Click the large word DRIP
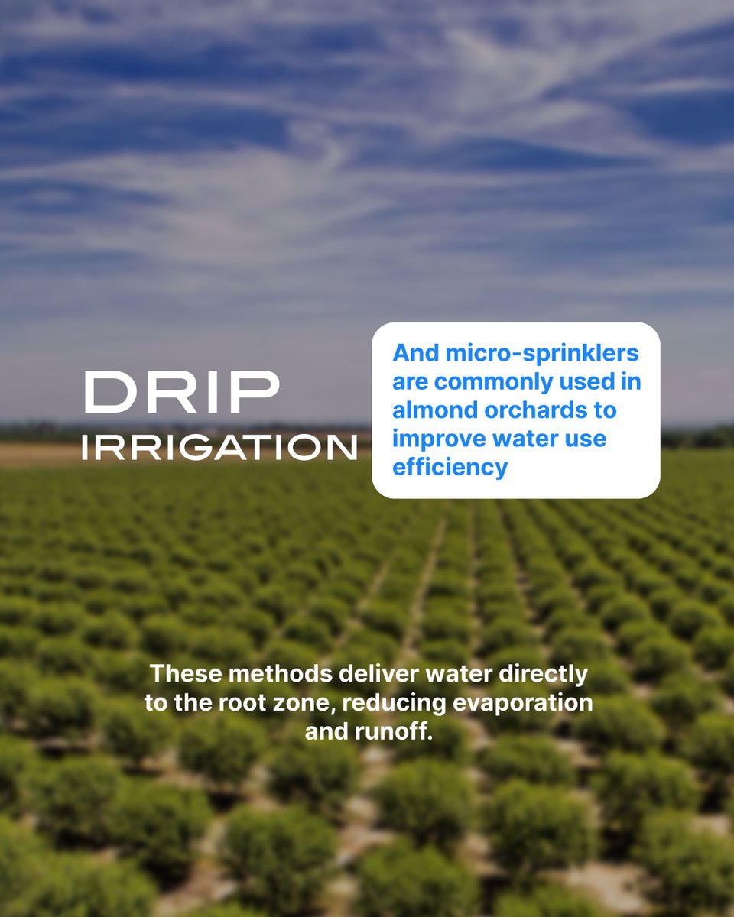(x=181, y=393)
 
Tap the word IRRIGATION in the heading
(x=219, y=448)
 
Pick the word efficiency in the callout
(x=450, y=467)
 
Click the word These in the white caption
(x=185, y=674)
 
